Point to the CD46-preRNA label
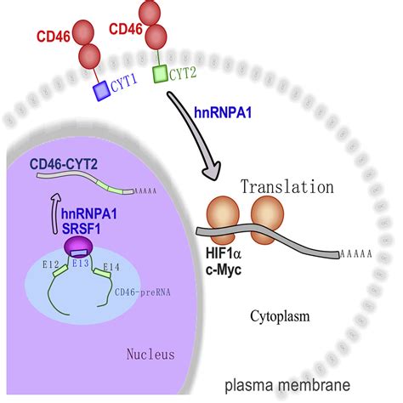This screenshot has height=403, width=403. pyautogui.click(x=137, y=293)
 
